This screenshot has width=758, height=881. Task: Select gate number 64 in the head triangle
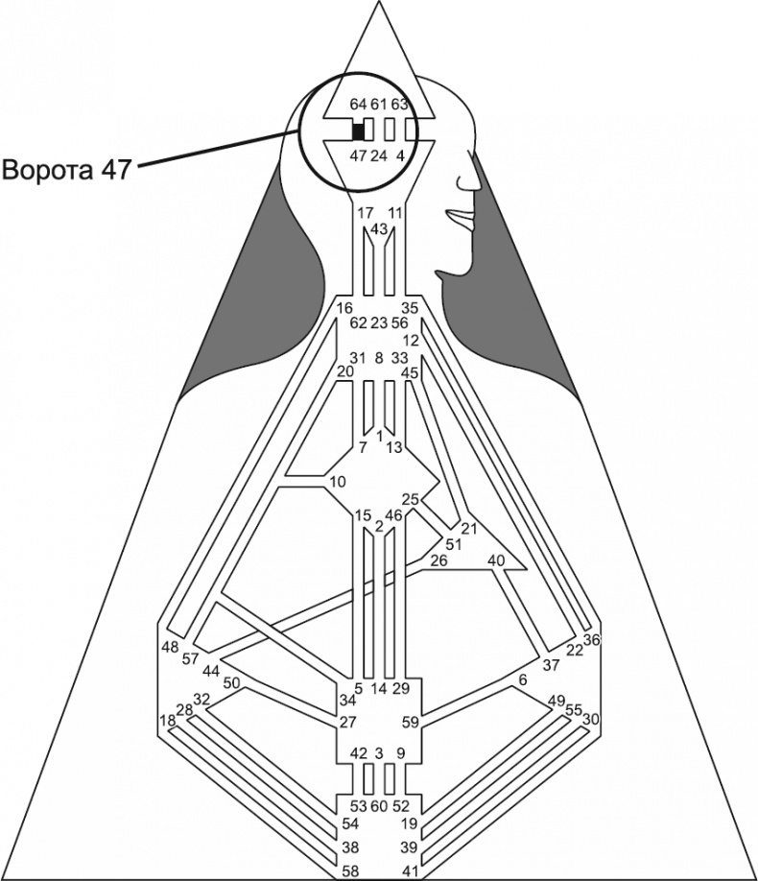pyautogui.click(x=358, y=104)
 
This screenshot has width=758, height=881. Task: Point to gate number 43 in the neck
pyautogui.click(x=378, y=228)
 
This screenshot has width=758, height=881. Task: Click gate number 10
pyautogui.click(x=337, y=481)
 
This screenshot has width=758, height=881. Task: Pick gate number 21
pyautogui.click(x=469, y=529)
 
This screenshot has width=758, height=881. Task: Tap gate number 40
pyautogui.click(x=496, y=560)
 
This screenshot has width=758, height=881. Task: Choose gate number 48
pyautogui.click(x=171, y=647)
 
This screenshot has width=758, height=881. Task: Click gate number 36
pyautogui.click(x=591, y=640)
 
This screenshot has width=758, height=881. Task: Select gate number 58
pyautogui.click(x=352, y=870)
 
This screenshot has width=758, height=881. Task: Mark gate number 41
pyautogui.click(x=410, y=870)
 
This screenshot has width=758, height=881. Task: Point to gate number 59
pyautogui.click(x=411, y=722)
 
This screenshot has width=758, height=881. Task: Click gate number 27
pyautogui.click(x=347, y=722)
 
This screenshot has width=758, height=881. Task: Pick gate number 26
pyautogui.click(x=438, y=560)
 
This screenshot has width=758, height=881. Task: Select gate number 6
pyautogui.click(x=523, y=679)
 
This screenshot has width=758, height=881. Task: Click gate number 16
pyautogui.click(x=345, y=308)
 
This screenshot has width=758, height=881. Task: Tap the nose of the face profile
pyautogui.click(x=474, y=179)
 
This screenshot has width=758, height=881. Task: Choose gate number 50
pyautogui.click(x=231, y=682)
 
